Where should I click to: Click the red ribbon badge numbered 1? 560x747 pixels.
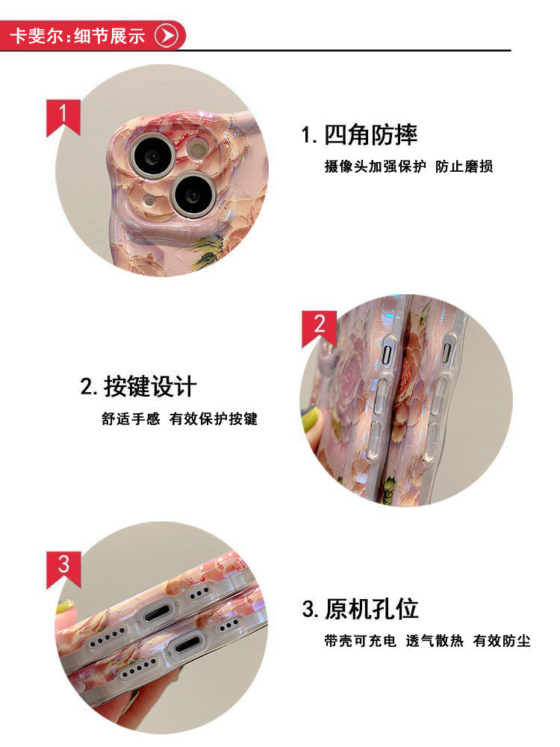[63, 116]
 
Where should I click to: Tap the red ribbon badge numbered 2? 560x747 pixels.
[320, 326]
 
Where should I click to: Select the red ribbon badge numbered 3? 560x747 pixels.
[63, 565]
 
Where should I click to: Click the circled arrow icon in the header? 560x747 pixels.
[166, 35]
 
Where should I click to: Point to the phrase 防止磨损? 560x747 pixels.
[465, 166]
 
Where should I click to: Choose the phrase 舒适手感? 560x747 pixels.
[131, 419]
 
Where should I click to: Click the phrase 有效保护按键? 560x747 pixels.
[214, 419]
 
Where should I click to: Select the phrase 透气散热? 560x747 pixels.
[435, 640]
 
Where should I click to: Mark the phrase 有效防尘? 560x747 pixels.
[503, 640]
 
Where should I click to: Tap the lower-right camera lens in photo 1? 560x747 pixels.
[193, 194]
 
